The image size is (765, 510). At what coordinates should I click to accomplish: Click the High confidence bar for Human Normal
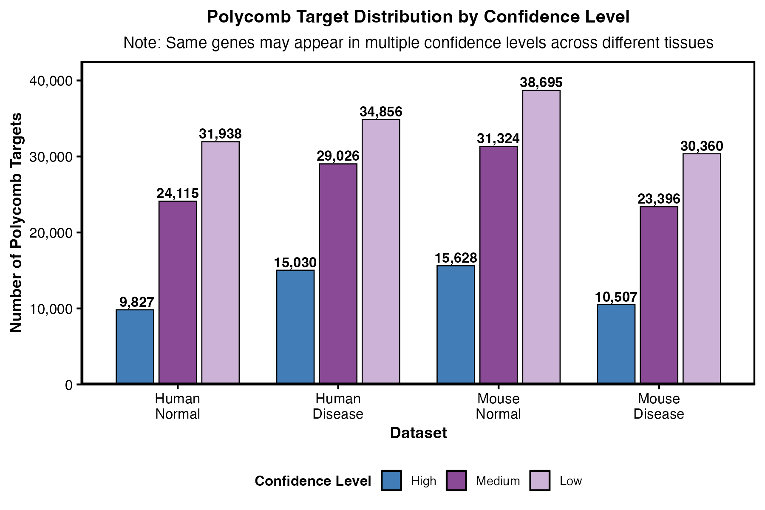pos(135,346)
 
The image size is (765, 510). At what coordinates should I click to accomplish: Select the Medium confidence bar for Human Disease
pos(338,274)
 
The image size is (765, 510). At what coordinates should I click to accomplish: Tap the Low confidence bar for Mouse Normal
pos(541,237)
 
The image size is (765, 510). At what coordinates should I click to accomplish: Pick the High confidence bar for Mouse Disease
pos(616,344)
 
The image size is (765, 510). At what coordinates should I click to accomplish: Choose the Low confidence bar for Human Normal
pos(220,263)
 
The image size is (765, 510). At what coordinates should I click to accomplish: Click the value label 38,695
pos(541,82)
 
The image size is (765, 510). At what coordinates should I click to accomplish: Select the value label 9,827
pos(136,302)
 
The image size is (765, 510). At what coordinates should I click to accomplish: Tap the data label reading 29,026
pos(338,156)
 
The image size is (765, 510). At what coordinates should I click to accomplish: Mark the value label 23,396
pos(659,199)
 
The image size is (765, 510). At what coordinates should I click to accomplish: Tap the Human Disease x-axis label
pos(338,406)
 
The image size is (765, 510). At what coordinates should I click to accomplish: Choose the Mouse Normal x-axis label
pos(499,406)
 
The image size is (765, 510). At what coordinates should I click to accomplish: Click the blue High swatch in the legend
pos(391,481)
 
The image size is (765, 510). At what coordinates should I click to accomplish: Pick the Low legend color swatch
pos(540,481)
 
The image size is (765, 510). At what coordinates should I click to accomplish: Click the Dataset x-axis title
pos(418,433)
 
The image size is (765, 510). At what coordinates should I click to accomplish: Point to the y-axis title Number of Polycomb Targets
pos(16,223)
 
